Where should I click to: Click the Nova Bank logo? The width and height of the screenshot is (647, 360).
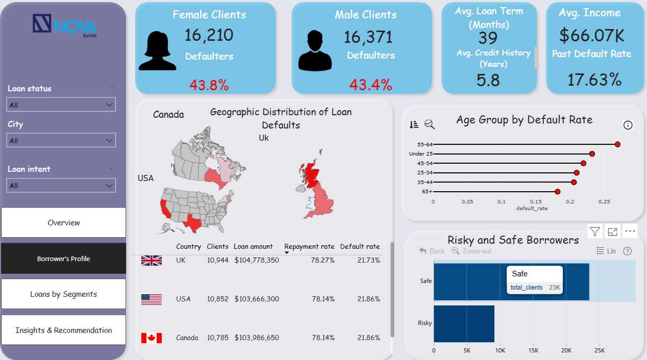[64, 25]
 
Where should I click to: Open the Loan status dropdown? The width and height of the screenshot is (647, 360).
[61, 105]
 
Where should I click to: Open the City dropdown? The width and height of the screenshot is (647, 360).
[61, 140]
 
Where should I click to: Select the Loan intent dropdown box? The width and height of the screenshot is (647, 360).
[61, 185]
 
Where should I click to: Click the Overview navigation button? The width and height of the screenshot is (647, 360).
[64, 222]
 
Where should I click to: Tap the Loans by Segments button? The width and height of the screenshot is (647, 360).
[64, 294]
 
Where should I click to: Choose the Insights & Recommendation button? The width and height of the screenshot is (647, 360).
[64, 330]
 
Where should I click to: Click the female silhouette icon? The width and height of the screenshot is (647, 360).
[157, 50]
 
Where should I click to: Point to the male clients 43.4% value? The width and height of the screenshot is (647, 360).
[371, 85]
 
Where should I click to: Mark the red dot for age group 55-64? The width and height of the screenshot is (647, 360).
[618, 144]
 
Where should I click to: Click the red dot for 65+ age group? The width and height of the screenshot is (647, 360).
[558, 192]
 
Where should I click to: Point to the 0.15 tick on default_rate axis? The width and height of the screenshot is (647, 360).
[536, 201]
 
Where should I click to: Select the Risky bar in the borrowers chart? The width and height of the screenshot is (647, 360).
[464, 323]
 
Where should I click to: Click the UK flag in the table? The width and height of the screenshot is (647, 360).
[152, 260]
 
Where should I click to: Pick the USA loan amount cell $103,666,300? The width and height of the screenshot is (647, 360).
[256, 299]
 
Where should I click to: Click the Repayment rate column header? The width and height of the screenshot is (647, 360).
[309, 246]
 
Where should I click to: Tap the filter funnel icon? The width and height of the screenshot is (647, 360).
[595, 232]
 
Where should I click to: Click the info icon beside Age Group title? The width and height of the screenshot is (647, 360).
[628, 125]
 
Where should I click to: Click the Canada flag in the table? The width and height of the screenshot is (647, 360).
[152, 338]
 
